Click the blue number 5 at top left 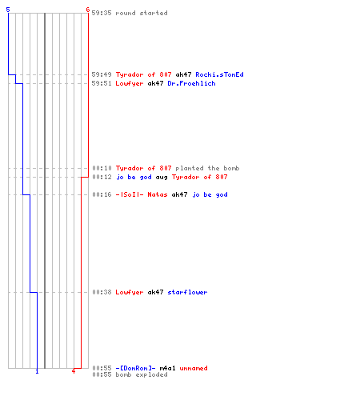[x=8, y=10]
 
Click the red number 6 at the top [x=88, y=10]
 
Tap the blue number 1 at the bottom [x=37, y=371]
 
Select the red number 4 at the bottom [x=74, y=371]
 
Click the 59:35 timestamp [x=102, y=13]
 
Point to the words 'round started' [x=142, y=13]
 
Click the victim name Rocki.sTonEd [x=219, y=74]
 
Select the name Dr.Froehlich [x=191, y=83]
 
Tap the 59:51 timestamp [x=102, y=83]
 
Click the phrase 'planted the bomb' [x=207, y=168]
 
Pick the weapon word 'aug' [x=162, y=177]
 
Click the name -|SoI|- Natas [x=142, y=194]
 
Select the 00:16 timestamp [x=102, y=194]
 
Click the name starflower [x=187, y=292]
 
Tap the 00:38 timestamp [x=102, y=292]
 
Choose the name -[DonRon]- [x=135, y=368]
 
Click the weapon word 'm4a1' [x=167, y=368]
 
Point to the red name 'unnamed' [x=194, y=368]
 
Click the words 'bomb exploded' [x=142, y=374]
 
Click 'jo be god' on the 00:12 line [x=134, y=177]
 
